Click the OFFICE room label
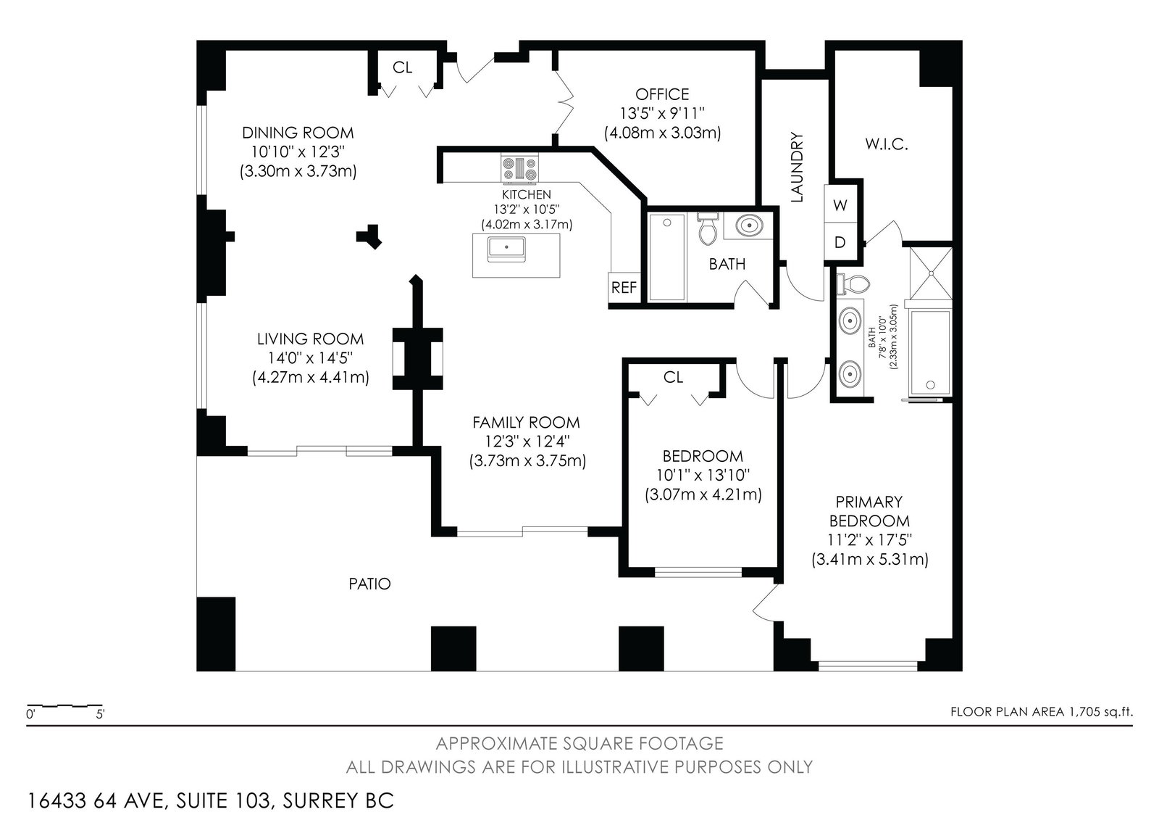pyautogui.click(x=662, y=94)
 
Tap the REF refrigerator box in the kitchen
pyautogui.click(x=624, y=288)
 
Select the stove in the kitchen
pyautogui.click(x=519, y=169)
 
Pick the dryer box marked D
pyautogui.click(x=840, y=241)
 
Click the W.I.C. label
pyautogui.click(x=887, y=144)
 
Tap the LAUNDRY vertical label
pyautogui.click(x=798, y=167)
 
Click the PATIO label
pyautogui.click(x=369, y=584)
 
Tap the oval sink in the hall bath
pyautogui.click(x=748, y=225)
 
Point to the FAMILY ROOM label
pyautogui.click(x=526, y=423)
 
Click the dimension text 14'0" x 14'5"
pyautogui.click(x=311, y=358)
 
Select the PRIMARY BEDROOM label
pyautogui.click(x=869, y=511)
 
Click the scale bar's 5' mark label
pyautogui.click(x=100, y=714)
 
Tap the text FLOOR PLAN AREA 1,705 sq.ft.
pyautogui.click(x=1042, y=712)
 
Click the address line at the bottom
pyautogui.click(x=210, y=801)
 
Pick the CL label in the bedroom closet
pyautogui.click(x=673, y=378)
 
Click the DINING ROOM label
pyautogui.click(x=298, y=133)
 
